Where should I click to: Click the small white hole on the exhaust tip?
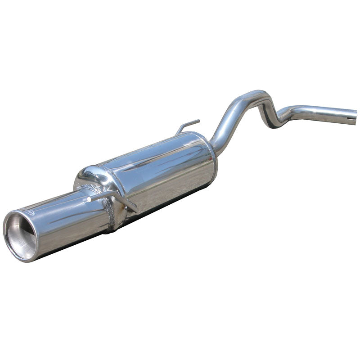click(x=90, y=198)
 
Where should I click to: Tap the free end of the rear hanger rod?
click(x=198, y=121)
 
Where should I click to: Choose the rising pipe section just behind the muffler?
click(x=225, y=121)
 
